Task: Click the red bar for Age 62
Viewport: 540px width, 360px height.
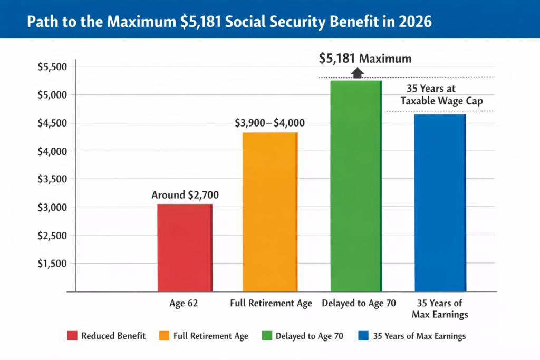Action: pyautogui.click(x=185, y=247)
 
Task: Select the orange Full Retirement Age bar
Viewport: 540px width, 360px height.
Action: pyautogui.click(x=270, y=211)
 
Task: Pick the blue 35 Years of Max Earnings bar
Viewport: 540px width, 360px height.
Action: pyautogui.click(x=440, y=202)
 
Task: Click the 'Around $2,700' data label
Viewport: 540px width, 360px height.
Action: pyautogui.click(x=185, y=195)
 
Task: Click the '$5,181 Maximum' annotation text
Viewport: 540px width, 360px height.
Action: pyautogui.click(x=365, y=58)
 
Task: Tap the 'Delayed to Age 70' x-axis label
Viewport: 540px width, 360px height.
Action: pyautogui.click(x=358, y=304)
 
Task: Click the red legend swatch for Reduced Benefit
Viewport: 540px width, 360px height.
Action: pyautogui.click(x=73, y=336)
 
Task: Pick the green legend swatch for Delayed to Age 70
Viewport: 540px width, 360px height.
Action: pyautogui.click(x=267, y=336)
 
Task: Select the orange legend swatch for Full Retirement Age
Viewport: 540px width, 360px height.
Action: pyautogui.click(x=163, y=336)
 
